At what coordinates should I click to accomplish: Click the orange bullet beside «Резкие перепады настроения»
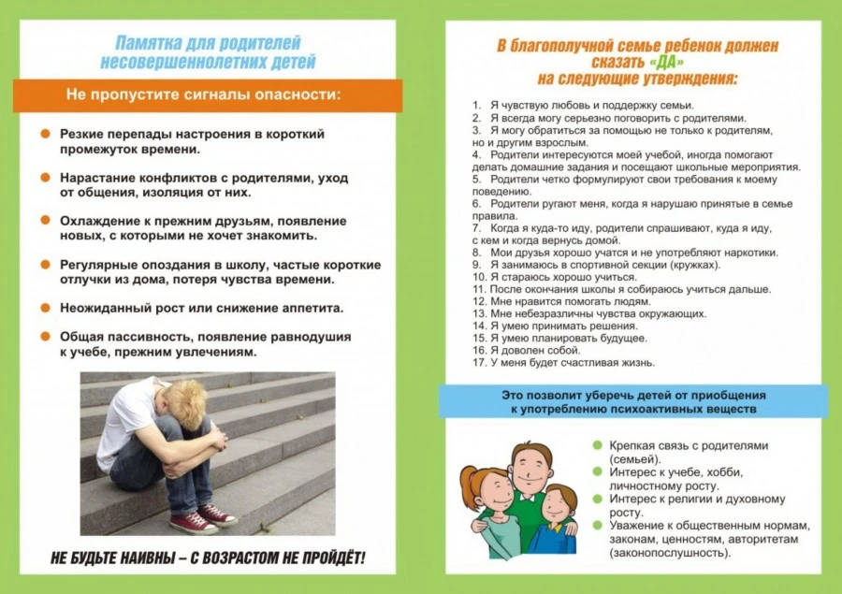pos(45,135)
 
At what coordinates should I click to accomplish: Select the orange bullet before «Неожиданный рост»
pos(45,308)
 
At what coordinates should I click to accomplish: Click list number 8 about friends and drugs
pos(477,253)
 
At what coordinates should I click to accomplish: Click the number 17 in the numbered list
pos(478,362)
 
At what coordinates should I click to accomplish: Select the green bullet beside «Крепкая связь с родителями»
pos(598,445)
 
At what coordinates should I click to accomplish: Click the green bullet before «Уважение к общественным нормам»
pos(598,527)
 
